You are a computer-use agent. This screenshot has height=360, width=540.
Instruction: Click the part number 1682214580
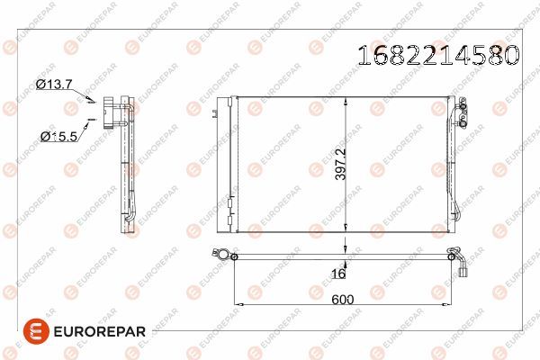click(438, 55)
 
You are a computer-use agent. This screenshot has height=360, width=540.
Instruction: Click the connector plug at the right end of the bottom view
click(461, 268)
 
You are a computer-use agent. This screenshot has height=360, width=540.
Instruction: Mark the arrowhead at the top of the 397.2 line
click(345, 100)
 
